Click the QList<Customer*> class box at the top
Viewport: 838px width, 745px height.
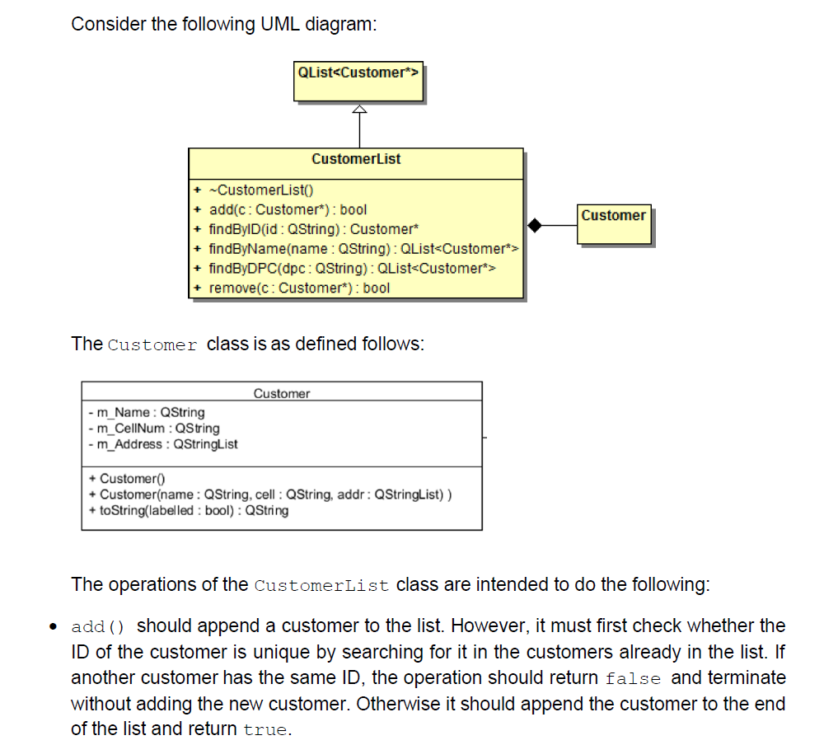[358, 79]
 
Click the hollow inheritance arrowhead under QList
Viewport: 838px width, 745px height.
[358, 110]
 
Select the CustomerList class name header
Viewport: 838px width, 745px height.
[356, 159]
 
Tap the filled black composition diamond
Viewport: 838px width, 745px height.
[535, 223]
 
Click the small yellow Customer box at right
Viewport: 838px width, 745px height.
[613, 223]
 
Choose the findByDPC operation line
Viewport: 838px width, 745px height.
[352, 269]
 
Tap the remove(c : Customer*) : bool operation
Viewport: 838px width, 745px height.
[299, 288]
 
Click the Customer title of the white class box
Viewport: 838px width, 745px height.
[282, 394]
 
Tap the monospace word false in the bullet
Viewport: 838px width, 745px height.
[633, 679]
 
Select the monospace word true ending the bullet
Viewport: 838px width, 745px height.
[266, 730]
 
